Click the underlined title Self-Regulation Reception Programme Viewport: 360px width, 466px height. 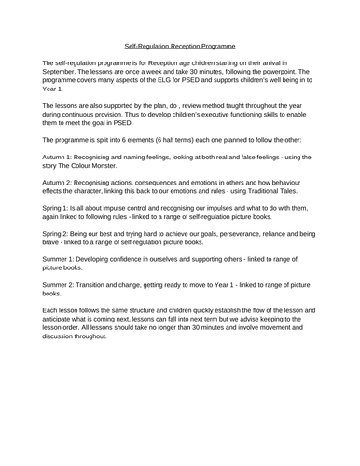pyautogui.click(x=180, y=45)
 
